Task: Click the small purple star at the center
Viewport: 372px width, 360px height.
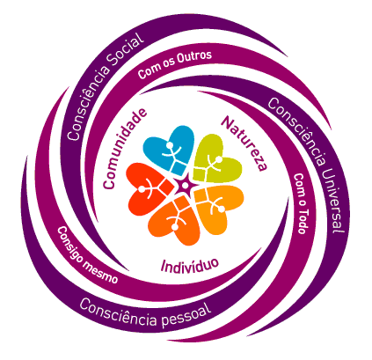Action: tap(185, 185)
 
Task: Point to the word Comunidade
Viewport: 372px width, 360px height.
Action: tap(125, 149)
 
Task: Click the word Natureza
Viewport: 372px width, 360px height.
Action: tap(244, 143)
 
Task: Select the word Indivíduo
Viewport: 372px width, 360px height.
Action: tap(190, 265)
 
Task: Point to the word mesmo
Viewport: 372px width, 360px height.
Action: tap(100, 272)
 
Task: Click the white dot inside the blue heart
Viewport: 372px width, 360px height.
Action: tap(170, 145)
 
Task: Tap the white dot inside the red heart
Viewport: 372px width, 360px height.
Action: tap(142, 189)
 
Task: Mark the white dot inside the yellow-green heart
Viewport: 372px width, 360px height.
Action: tap(219, 159)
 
